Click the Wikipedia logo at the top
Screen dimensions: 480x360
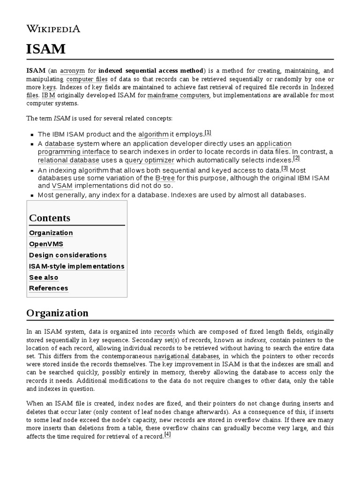(x=53, y=29)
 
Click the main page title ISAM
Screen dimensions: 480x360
(x=46, y=49)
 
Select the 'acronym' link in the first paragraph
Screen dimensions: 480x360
(x=72, y=70)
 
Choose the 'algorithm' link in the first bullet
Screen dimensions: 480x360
(x=153, y=134)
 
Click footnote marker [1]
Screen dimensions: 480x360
(x=208, y=133)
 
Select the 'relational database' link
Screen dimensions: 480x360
(x=68, y=160)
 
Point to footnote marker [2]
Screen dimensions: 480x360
(x=296, y=158)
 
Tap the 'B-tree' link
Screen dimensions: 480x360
(x=167, y=179)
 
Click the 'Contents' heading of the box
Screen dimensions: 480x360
(x=50, y=218)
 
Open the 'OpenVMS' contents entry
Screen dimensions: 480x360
(x=46, y=244)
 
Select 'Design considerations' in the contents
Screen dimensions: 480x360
(x=68, y=255)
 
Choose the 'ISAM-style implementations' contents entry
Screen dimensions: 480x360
(x=77, y=266)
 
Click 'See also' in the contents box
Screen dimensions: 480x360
(x=44, y=277)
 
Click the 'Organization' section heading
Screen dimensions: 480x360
(x=57, y=313)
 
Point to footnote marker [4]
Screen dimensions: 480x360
(x=168, y=435)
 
